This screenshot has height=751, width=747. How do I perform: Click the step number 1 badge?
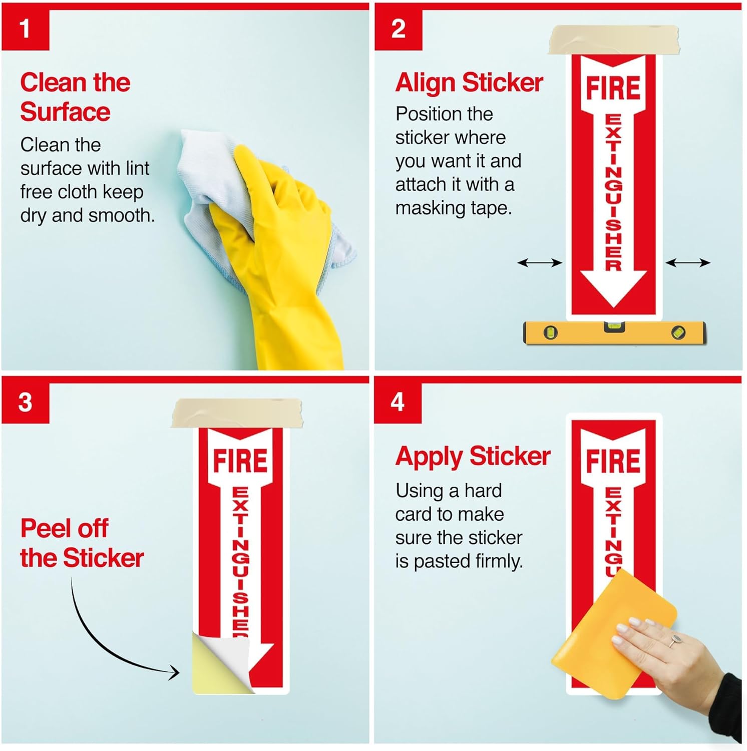[25, 29]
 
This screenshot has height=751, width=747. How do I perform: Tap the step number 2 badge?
[398, 29]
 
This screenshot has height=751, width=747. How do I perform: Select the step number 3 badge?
[25, 403]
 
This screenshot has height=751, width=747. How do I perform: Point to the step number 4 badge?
[398, 402]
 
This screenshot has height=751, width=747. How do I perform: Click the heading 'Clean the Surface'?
[75, 97]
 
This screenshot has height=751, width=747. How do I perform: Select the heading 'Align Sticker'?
[469, 83]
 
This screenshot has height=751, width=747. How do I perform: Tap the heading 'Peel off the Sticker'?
[82, 543]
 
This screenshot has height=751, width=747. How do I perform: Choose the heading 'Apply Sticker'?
[473, 456]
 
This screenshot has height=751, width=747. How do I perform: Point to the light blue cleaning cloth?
[210, 165]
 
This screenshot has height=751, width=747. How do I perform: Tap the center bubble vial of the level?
[614, 327]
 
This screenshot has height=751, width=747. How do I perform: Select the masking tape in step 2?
[614, 40]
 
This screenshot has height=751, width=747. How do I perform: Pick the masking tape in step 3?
[237, 413]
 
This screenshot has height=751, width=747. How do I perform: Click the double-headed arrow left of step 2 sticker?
[539, 262]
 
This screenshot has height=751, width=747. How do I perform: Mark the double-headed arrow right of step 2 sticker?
[687, 262]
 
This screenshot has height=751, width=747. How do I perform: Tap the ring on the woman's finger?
[675, 639]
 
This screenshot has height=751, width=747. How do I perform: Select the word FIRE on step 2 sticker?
[613, 88]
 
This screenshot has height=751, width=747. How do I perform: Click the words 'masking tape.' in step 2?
[453, 208]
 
